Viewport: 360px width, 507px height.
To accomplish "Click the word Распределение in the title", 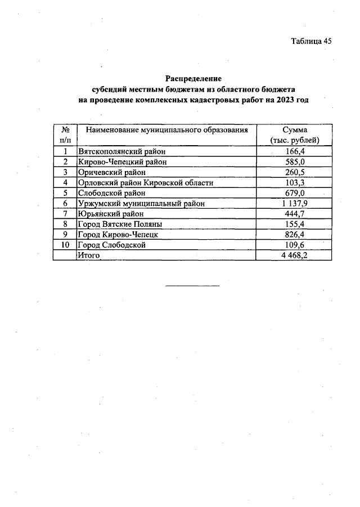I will coord(193,79).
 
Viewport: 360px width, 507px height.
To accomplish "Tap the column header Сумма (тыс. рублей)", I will coord(295,135).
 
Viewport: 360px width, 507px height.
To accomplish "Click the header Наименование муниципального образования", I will coord(166,130).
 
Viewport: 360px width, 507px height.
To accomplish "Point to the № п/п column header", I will coord(65,135).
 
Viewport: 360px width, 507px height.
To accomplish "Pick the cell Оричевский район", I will coord(112,172).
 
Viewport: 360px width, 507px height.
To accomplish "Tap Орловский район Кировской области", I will coord(146,183).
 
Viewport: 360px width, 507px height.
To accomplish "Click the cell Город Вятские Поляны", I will coord(120,224).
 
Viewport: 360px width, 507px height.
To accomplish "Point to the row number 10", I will coord(65,245).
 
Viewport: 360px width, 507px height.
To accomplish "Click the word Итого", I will coord(89,255).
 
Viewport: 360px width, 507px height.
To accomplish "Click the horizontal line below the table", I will coord(192,286).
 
